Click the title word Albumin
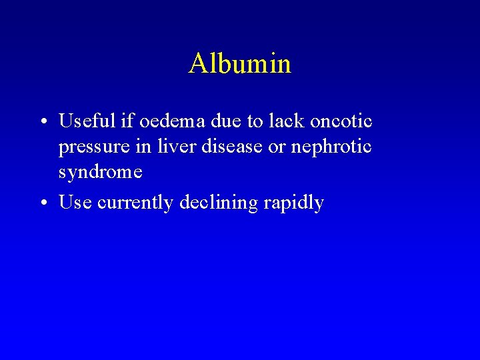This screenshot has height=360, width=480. click(240, 64)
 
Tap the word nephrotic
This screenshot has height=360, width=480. click(337, 146)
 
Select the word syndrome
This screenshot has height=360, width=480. click(100, 172)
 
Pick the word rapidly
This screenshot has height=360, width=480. click(293, 203)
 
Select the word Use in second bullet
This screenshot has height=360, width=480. click(75, 203)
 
